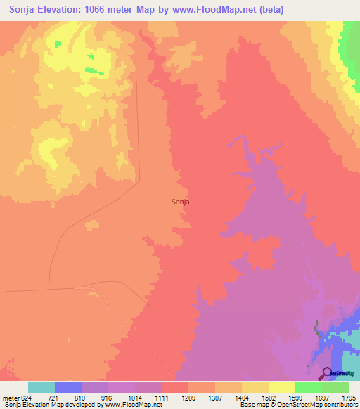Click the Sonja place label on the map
pyautogui.click(x=181, y=202)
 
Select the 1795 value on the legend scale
pyautogui.click(x=348, y=397)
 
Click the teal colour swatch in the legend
pyautogui.click(x=41, y=387)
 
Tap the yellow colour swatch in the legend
pyautogui.click(x=281, y=387)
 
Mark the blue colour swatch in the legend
pyautogui.click(x=68, y=387)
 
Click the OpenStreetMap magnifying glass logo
pyautogui.click(x=327, y=373)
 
